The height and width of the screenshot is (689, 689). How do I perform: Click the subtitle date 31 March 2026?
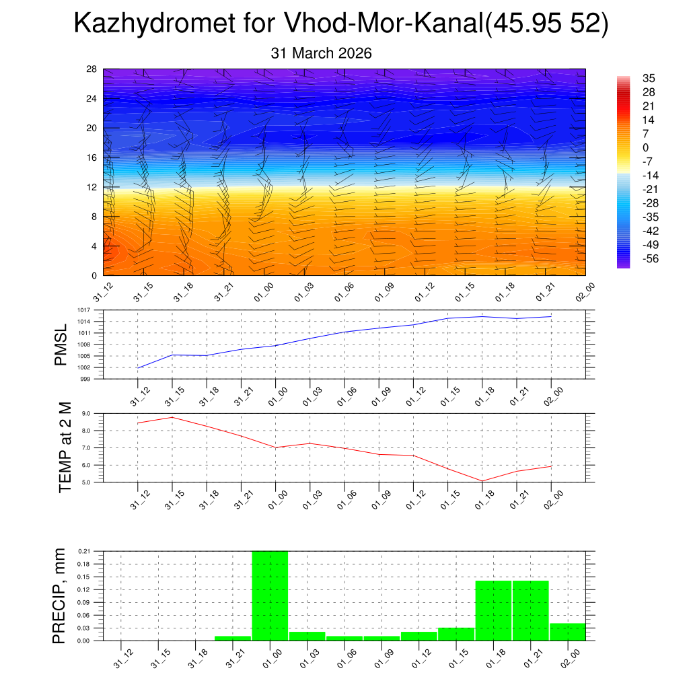(321, 53)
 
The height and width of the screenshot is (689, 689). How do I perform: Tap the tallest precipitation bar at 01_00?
(270, 595)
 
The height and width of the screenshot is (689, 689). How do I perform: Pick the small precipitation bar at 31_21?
(232, 638)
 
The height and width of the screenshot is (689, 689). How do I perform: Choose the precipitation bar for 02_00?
(568, 632)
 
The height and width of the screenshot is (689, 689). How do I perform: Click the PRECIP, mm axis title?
(61, 595)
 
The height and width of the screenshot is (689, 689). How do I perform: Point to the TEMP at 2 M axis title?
(65, 447)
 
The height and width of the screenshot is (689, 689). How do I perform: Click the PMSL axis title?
(61, 344)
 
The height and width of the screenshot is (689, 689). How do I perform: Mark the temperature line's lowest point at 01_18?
(482, 481)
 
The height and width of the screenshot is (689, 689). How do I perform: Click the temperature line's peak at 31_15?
(172, 417)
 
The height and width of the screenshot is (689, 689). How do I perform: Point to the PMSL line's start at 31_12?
(138, 368)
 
